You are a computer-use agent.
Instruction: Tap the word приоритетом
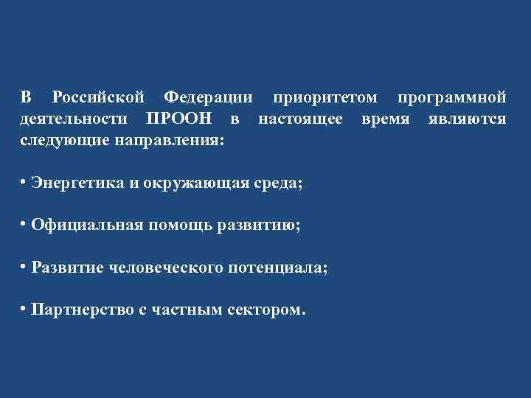tap(324, 98)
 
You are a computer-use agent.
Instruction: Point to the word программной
tap(451, 98)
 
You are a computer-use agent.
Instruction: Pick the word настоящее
tap(300, 119)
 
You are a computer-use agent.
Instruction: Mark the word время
tap(386, 119)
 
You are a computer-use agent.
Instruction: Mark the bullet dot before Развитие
tap(24, 265)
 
